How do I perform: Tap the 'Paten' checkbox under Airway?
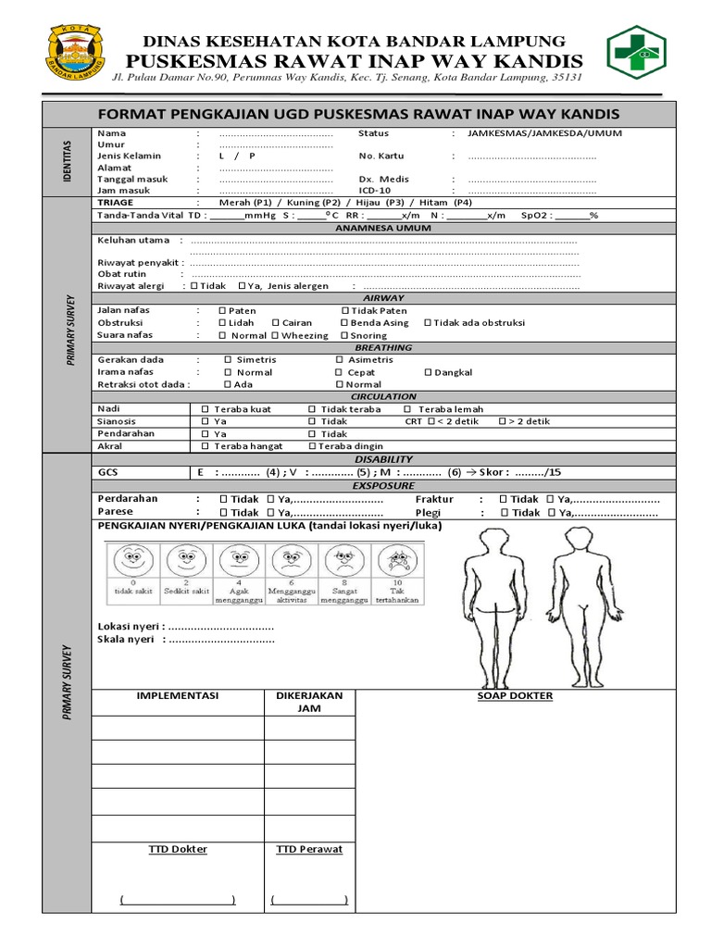[222, 311]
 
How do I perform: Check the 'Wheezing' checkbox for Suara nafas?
[275, 336]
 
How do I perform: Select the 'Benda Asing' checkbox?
[343, 323]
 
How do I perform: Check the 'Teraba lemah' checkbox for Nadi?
[407, 409]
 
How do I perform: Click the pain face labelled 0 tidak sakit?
[132, 562]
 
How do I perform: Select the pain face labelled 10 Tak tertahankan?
[397, 562]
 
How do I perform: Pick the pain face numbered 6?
[291, 562]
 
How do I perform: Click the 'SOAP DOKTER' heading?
[515, 696]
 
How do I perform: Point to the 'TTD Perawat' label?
[309, 849]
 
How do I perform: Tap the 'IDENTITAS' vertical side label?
[67, 160]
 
